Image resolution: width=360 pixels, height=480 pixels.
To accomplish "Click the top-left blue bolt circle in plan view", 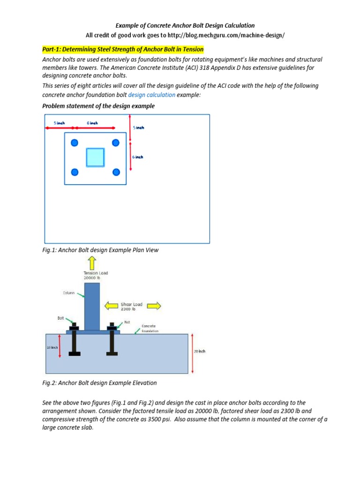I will [x=73, y=142].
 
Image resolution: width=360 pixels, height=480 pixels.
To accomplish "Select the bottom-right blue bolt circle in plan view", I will [x=116, y=172].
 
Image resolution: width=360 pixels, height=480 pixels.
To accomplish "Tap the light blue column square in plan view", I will [x=95, y=157].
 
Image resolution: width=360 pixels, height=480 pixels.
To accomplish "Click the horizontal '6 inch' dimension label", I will [x=92, y=123].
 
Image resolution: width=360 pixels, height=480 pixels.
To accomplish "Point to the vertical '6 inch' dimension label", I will [x=137, y=157].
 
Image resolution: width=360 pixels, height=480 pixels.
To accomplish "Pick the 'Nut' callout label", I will [x=127, y=322].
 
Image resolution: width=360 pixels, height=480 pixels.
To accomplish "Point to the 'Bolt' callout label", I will [x=60, y=318].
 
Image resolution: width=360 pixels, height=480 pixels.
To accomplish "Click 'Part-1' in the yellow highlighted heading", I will [x=52, y=49].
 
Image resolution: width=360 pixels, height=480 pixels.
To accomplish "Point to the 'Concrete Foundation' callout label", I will [x=150, y=328].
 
